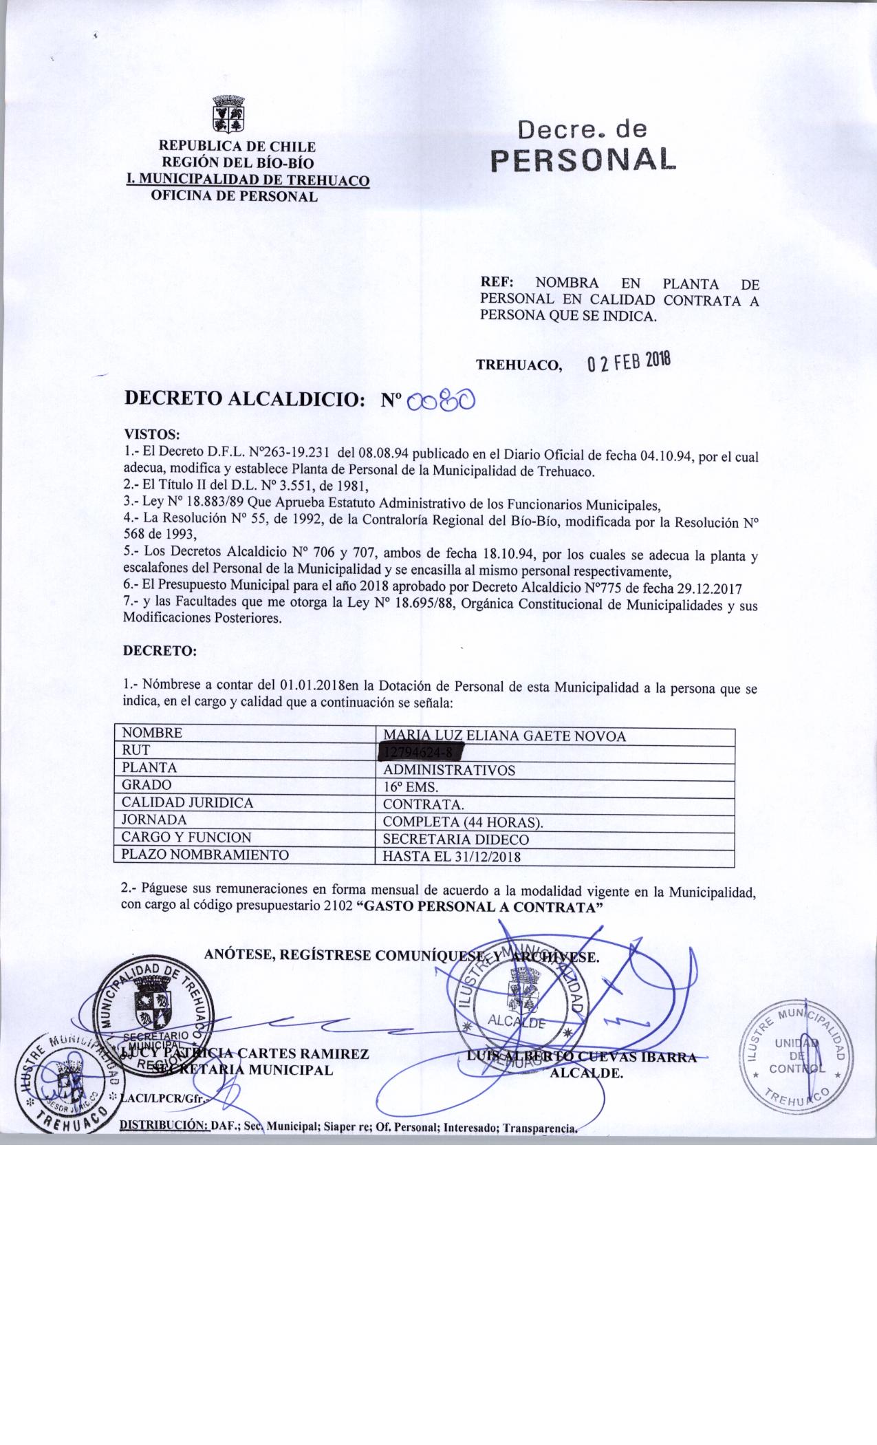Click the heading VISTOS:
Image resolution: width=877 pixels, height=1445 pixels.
click(x=151, y=435)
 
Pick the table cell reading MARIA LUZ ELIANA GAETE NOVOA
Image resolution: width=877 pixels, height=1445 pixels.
click(x=504, y=736)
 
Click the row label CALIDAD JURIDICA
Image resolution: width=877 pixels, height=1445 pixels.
click(x=187, y=802)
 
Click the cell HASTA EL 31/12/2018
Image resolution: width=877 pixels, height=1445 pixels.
click(x=451, y=857)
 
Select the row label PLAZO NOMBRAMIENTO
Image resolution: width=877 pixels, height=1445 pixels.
click(x=204, y=855)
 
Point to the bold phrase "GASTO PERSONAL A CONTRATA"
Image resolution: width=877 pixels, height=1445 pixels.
click(x=481, y=906)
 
